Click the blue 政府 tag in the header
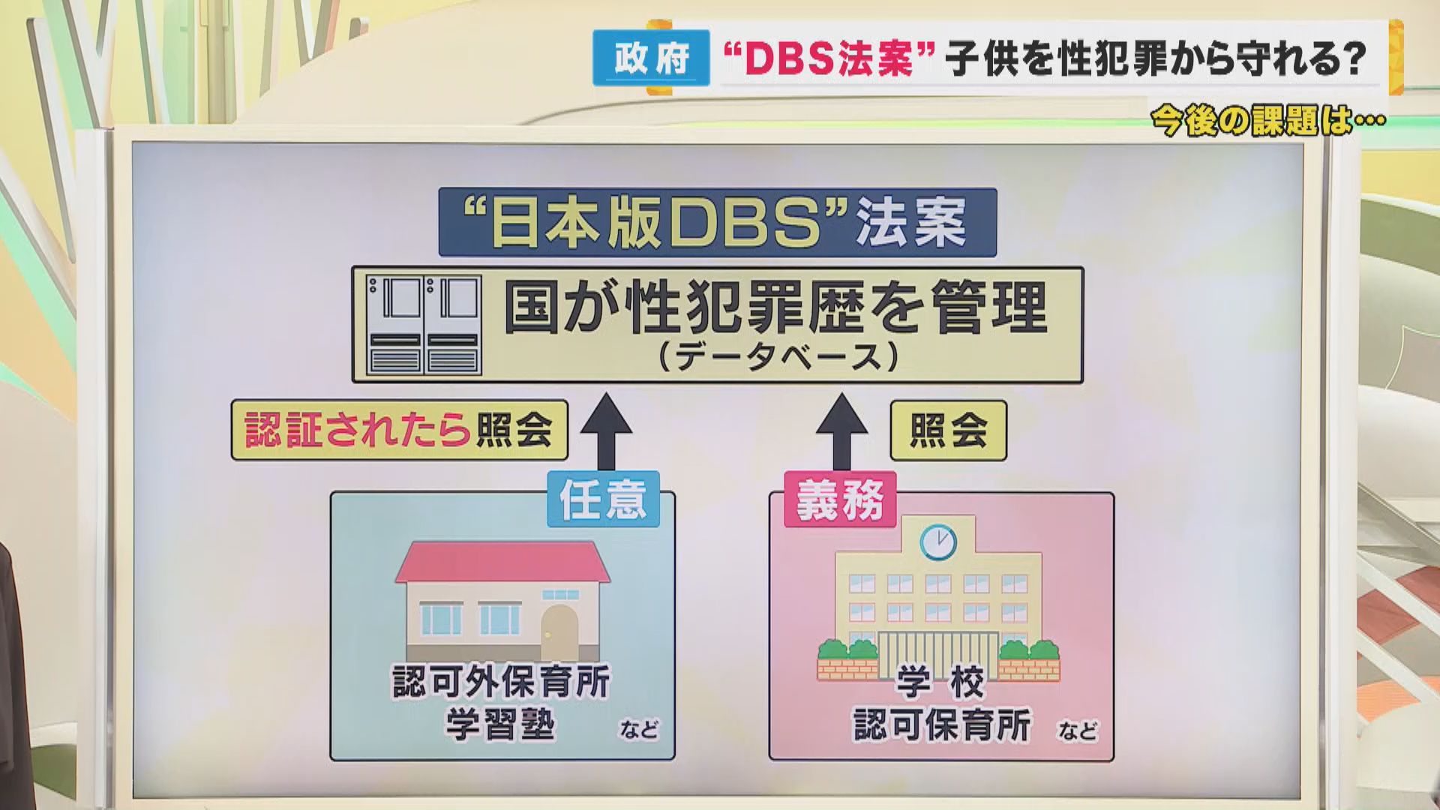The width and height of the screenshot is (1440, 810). (x=651, y=58)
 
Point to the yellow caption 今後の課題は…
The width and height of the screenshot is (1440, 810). (x=1267, y=121)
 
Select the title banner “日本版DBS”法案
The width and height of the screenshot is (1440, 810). (x=717, y=223)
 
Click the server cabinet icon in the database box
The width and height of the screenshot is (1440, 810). (x=424, y=325)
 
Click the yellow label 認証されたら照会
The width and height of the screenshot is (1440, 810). (x=399, y=430)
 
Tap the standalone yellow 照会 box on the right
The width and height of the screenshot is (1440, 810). (x=948, y=430)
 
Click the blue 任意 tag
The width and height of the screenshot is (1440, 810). (x=603, y=499)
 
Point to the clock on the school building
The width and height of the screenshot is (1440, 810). (x=938, y=542)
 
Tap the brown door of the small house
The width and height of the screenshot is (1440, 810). (x=559, y=631)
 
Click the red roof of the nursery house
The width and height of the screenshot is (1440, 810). (x=502, y=562)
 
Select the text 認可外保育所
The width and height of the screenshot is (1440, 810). (x=502, y=682)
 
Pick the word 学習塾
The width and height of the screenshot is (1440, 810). (x=500, y=724)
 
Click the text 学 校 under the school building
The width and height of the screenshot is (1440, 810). (x=940, y=682)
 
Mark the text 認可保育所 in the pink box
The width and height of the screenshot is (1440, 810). (x=942, y=724)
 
